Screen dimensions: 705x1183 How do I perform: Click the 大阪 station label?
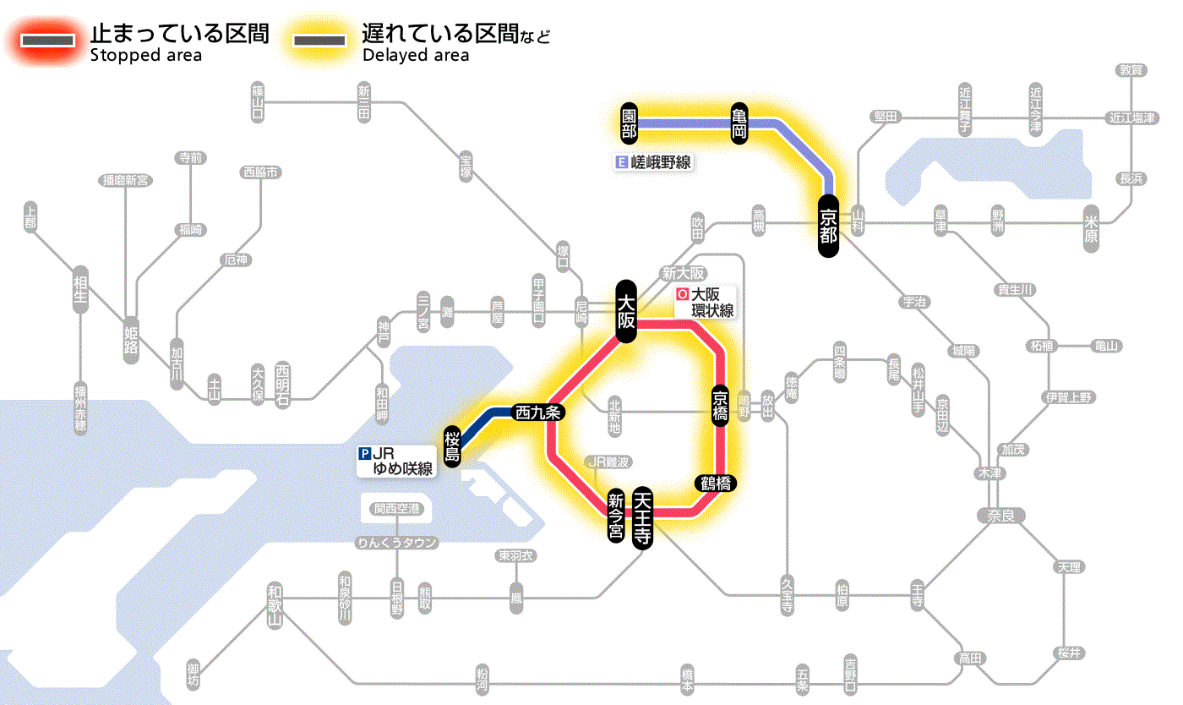click(x=626, y=311)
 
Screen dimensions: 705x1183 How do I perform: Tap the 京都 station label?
click(x=829, y=226)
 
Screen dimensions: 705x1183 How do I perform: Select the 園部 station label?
click(x=630, y=123)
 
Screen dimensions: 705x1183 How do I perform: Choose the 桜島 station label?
click(x=454, y=445)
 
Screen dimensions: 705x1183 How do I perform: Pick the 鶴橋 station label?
click(x=714, y=484)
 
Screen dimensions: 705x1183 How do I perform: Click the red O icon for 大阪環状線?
click(x=682, y=296)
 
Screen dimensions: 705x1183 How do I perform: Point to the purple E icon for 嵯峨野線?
click(x=623, y=162)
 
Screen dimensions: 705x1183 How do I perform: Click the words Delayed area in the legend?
click(x=415, y=56)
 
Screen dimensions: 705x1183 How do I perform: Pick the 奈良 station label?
click(x=1000, y=515)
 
